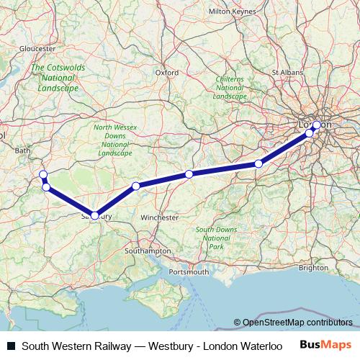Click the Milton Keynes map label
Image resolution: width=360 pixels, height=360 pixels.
tap(233, 32)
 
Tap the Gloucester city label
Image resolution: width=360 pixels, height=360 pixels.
tap(38, 48)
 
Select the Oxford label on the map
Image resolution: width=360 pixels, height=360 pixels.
tap(166, 72)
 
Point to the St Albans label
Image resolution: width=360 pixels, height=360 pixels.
tap(287, 72)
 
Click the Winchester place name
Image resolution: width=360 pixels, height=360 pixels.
tap(160, 217)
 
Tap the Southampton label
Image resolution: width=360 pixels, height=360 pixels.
tap(148, 251)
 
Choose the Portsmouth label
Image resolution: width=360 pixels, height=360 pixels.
tap(188, 272)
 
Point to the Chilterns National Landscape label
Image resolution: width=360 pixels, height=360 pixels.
tap(230, 88)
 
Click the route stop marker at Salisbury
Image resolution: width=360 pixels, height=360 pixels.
tap(95, 215)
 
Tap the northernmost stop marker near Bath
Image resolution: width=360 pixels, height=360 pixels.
tap(42, 174)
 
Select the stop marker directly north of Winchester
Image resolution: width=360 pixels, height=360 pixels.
tap(189, 174)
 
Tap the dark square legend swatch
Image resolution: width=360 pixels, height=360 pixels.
tap(11, 346)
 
